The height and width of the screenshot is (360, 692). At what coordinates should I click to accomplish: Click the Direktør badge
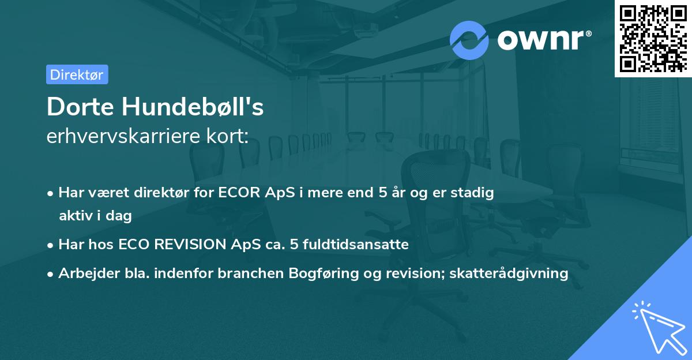[x=77, y=74]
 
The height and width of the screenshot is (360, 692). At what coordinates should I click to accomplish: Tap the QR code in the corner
[x=653, y=37]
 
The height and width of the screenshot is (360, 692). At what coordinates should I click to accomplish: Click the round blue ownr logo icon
[x=469, y=40]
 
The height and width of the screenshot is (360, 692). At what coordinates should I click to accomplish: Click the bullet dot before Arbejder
[x=51, y=274]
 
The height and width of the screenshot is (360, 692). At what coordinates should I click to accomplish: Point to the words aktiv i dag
[x=95, y=216]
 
